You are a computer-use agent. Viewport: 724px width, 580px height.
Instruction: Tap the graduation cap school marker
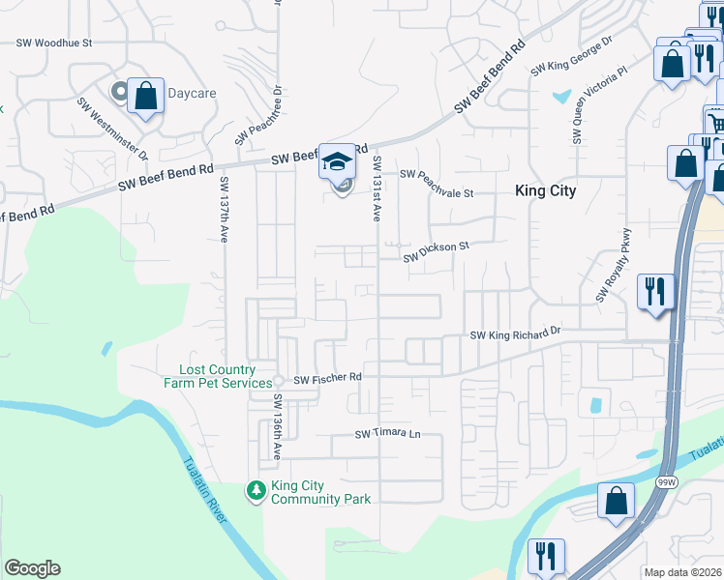(x=338, y=161)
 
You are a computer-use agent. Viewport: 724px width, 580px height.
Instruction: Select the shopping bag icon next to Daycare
(x=145, y=97)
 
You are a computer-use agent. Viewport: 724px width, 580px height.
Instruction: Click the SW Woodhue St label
(x=54, y=43)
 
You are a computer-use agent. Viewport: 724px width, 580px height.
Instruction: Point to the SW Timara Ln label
(x=389, y=434)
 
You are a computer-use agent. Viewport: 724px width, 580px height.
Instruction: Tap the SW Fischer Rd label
(x=327, y=378)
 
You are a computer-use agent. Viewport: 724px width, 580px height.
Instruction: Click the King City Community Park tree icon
(x=256, y=491)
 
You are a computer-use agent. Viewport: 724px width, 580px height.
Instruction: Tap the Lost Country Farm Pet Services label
(x=218, y=376)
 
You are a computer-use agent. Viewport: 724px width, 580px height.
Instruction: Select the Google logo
(x=32, y=568)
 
